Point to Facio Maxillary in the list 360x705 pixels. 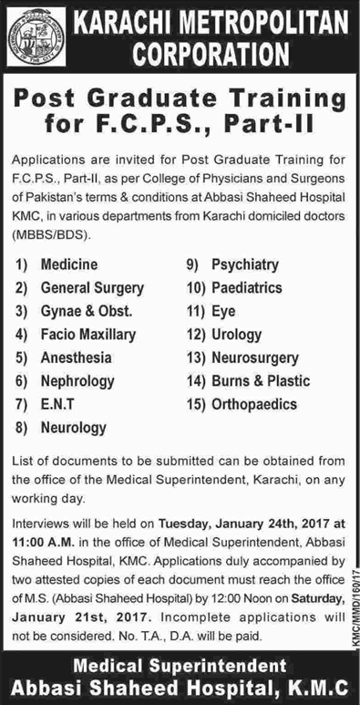[x=88, y=336]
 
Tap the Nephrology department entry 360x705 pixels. [x=77, y=380]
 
